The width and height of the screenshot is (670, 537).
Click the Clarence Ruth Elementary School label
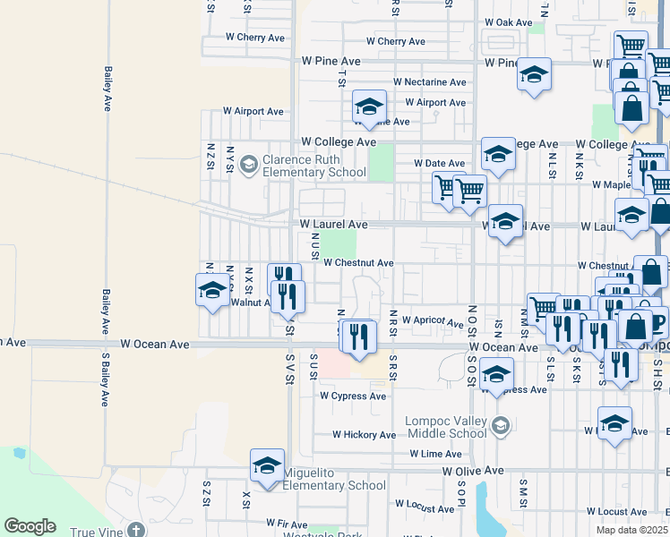tap(314, 166)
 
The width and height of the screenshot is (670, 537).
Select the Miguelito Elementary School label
tap(334, 479)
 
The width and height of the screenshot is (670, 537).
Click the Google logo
tap(30, 526)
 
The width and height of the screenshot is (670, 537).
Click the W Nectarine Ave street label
tap(435, 82)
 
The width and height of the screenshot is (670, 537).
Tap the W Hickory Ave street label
tap(364, 435)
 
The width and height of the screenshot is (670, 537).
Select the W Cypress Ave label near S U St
tap(353, 396)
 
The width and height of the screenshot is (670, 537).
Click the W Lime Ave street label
tap(435, 455)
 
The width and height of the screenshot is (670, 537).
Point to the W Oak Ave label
tap(509, 22)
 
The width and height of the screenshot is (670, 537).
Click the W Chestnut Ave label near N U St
tap(358, 263)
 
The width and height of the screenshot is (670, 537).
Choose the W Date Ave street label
tap(439, 163)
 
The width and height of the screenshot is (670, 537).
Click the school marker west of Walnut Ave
tap(213, 290)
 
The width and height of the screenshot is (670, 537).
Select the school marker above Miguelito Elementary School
tap(267, 465)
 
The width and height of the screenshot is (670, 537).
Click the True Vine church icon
tap(136, 531)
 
